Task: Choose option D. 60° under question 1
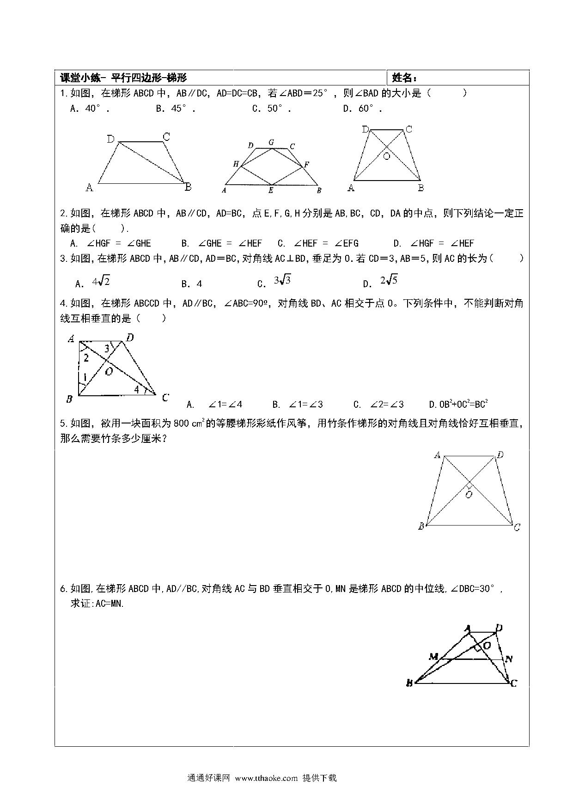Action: (362, 109)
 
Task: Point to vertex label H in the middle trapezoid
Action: (236, 164)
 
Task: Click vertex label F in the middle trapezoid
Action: (306, 164)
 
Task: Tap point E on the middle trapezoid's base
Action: (271, 190)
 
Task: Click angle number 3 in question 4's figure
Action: (107, 349)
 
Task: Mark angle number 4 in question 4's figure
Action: (137, 389)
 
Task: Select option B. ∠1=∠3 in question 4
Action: (298, 405)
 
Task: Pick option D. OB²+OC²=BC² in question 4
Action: (458, 405)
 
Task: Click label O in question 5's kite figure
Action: (469, 494)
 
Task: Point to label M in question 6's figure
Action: (433, 656)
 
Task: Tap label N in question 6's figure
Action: (509, 659)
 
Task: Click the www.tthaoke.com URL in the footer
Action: (266, 778)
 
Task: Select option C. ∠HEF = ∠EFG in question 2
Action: (318, 243)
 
